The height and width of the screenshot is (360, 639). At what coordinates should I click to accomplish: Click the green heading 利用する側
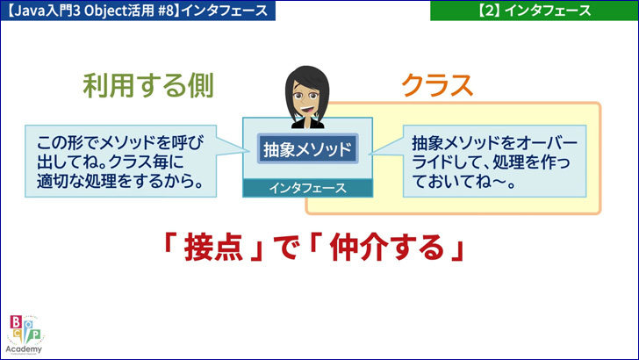point(148,86)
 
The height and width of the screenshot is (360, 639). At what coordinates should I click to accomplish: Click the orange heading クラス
point(437,85)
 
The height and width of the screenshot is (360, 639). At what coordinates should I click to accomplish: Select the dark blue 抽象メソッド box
point(308,148)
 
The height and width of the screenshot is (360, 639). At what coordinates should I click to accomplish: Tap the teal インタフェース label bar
point(308,189)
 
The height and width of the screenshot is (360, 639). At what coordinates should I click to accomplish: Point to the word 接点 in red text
point(213,248)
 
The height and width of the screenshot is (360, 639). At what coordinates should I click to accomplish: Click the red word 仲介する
point(386,248)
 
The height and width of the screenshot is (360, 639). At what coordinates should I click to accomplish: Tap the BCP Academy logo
point(25,335)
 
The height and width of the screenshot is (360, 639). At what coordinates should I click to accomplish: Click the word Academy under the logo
point(24,349)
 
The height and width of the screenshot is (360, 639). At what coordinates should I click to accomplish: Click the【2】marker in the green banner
point(489,11)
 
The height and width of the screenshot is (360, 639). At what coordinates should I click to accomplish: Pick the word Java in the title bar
point(31,11)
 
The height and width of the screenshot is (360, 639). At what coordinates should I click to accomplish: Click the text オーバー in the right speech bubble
point(547,143)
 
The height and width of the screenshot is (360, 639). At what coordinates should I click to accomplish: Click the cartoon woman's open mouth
point(308,110)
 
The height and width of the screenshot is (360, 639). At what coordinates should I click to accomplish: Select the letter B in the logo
point(17,322)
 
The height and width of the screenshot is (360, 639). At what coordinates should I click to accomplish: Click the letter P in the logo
point(36,335)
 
